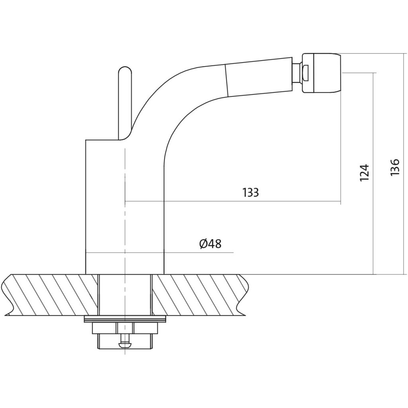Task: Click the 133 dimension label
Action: coord(251,192)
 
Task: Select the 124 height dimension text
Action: coord(364,173)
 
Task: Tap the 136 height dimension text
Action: coord(395,167)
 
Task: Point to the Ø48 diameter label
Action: coord(210,244)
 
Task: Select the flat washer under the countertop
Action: coord(125,319)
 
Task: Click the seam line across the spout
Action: coord(227,80)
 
